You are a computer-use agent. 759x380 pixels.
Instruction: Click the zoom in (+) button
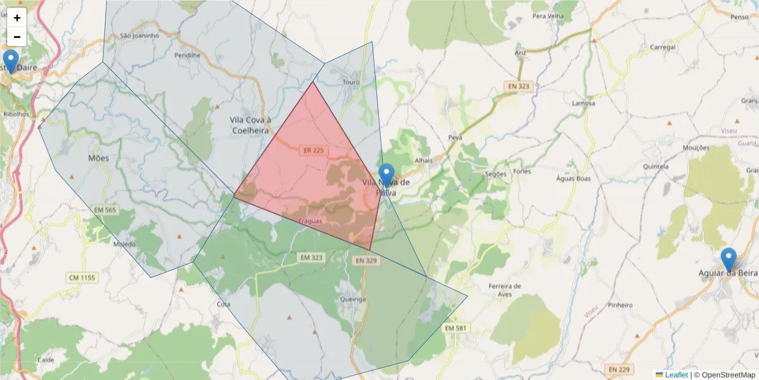(17, 18)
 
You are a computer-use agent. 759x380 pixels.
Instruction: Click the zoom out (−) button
(17, 37)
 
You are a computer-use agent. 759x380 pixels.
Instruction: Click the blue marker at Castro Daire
(10, 62)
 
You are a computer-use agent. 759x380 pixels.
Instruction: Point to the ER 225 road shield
(312, 150)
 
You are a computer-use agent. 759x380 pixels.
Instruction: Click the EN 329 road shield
(366, 260)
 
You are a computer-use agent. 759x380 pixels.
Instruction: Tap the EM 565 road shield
(105, 210)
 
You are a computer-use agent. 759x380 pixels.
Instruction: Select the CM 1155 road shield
(81, 277)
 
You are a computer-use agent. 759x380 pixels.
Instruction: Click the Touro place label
(350, 82)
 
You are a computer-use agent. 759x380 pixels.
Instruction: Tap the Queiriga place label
(352, 299)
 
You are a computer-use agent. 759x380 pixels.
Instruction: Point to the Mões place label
(99, 158)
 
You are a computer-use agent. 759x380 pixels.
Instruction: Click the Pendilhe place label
(187, 55)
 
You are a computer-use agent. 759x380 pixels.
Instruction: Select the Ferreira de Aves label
(505, 289)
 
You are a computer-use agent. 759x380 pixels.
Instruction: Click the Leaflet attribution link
(676, 375)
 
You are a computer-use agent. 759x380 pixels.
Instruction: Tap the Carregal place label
(663, 47)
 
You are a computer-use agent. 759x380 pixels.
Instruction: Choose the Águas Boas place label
(573, 179)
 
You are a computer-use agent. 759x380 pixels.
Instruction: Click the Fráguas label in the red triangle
(311, 221)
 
